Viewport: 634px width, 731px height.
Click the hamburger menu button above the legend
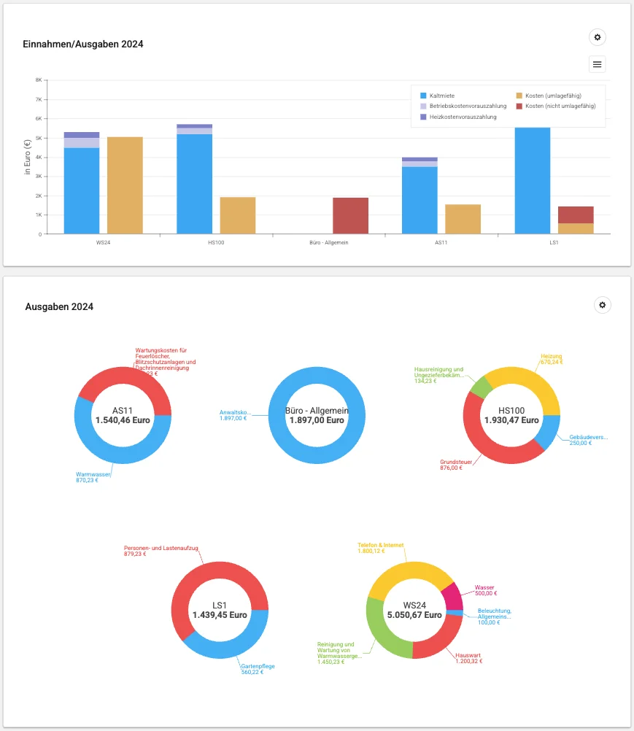coord(598,64)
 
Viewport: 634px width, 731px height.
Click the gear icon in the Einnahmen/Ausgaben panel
coord(598,37)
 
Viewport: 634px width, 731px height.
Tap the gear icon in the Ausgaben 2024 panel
coord(603,305)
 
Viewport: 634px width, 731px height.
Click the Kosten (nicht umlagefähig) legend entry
coord(560,106)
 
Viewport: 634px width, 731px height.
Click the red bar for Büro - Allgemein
coord(350,216)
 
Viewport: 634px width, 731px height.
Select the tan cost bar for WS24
coord(125,185)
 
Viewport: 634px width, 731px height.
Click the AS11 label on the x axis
coord(420,242)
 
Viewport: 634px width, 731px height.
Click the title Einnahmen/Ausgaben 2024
coord(83,45)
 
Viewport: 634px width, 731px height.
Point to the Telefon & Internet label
coord(380,545)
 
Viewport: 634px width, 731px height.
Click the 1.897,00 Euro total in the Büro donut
coord(317,420)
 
